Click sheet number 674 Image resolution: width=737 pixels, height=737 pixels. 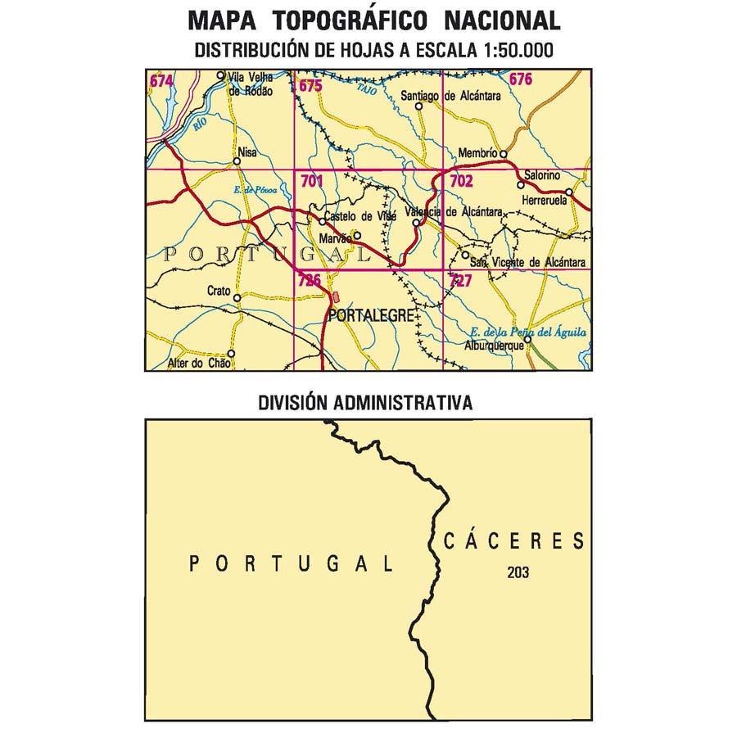coord(161,80)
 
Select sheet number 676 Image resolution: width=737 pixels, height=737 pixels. coord(521,79)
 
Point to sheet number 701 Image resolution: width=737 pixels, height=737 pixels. coord(313,181)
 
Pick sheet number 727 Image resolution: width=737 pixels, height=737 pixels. coord(460,281)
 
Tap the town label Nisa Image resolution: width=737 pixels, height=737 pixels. coord(246,151)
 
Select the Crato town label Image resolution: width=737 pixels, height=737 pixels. coord(219,291)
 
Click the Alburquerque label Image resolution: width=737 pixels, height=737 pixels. coord(493,346)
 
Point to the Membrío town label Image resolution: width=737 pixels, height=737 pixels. coord(477,153)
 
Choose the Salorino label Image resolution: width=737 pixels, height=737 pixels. coord(541,175)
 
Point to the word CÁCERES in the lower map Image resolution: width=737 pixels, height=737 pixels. coord(514,541)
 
